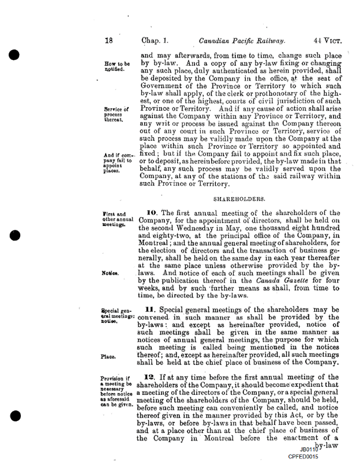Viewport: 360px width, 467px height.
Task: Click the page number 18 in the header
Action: point(108,41)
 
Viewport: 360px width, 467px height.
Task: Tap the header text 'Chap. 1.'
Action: point(157,41)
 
